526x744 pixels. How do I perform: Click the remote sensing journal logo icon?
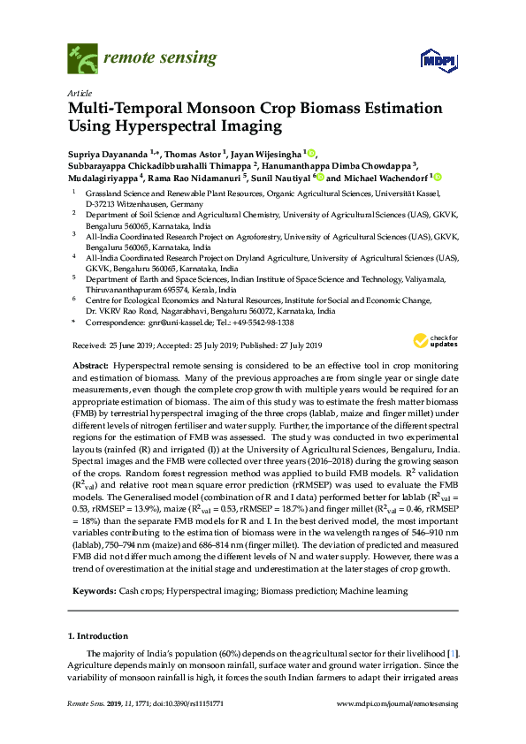point(82,60)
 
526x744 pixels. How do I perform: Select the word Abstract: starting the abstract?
point(90,365)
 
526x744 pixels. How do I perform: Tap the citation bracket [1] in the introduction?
point(453,652)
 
